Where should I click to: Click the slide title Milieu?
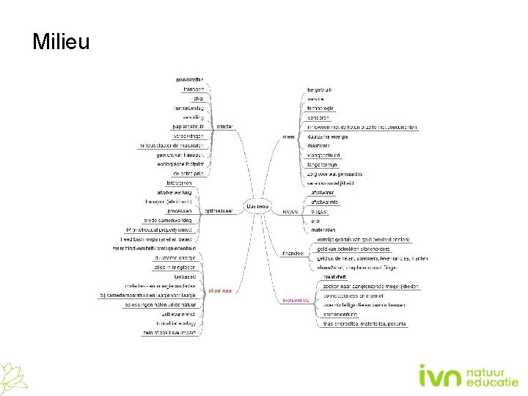tap(61, 42)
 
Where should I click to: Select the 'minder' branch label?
tap(224, 126)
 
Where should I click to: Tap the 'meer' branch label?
tap(289, 136)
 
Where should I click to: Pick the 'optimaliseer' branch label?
tap(219, 210)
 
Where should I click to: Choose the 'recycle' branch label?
tap(289, 211)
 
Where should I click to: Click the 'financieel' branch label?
tap(293, 253)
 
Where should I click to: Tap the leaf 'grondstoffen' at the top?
tap(190, 79)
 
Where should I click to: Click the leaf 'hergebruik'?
tap(320, 89)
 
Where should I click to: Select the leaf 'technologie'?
tap(320, 108)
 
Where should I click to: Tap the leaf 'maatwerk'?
tap(318, 146)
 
